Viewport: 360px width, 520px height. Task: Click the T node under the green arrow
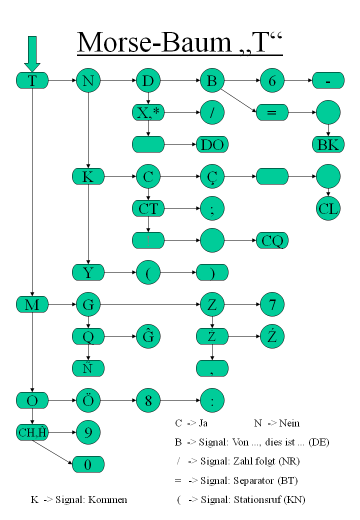click(32, 80)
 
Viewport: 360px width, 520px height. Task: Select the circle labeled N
click(88, 80)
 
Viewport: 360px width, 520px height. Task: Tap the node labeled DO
click(212, 144)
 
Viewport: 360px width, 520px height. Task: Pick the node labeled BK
click(328, 144)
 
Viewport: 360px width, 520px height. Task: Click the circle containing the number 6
click(272, 80)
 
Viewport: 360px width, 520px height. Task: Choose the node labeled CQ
click(272, 240)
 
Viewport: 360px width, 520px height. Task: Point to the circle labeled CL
click(328, 208)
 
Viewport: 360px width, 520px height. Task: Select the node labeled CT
click(148, 208)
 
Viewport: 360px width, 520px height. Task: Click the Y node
click(88, 272)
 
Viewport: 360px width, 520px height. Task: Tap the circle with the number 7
click(272, 304)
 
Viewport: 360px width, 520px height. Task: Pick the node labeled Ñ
click(88, 368)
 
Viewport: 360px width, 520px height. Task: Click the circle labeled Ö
click(88, 400)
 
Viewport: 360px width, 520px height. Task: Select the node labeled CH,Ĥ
click(32, 432)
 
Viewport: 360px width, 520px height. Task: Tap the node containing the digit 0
click(88, 464)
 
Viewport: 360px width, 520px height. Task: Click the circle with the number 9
click(88, 432)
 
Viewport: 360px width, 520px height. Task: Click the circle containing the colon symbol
click(212, 400)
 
